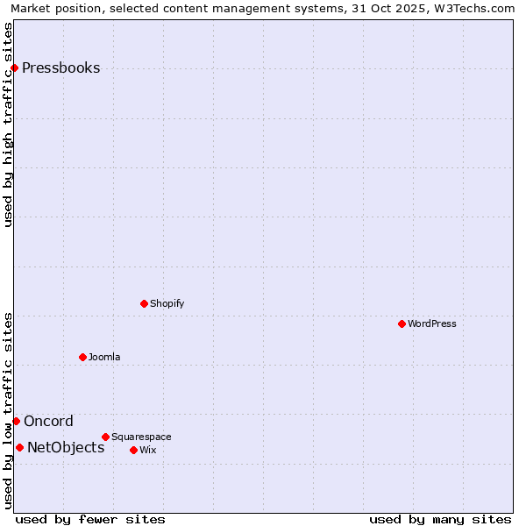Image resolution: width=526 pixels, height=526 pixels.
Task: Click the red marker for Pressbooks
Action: coord(14,68)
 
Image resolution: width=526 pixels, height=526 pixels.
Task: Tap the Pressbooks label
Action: coord(60,68)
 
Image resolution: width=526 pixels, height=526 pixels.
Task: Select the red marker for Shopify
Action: coord(144,303)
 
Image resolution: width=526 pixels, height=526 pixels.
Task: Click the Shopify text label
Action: coord(167,303)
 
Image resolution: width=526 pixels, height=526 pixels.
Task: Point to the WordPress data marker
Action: coord(402,323)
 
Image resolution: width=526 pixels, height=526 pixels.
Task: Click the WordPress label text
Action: coord(431,323)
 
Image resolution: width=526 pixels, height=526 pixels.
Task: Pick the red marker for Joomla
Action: coord(82,357)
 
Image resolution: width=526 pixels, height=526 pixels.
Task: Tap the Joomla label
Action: coord(104,357)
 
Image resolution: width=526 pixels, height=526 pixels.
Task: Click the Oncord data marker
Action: coord(16,421)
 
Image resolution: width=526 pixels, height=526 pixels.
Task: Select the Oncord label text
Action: coord(48,421)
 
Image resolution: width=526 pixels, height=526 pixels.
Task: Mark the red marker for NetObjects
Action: coord(19,447)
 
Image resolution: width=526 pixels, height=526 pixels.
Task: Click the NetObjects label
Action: coord(66,447)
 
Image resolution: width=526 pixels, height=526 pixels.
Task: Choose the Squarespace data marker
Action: coord(105,437)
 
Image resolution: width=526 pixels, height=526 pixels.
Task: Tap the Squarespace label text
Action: coord(141,437)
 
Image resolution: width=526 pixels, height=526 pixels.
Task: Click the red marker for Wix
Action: coord(133,450)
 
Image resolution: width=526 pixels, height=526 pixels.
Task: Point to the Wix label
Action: coord(147,450)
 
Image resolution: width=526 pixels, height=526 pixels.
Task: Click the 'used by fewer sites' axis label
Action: coord(90,519)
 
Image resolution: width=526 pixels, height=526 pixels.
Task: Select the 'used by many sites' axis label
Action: coord(440,519)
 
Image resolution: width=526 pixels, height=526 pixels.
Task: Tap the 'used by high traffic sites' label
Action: coord(8,124)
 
